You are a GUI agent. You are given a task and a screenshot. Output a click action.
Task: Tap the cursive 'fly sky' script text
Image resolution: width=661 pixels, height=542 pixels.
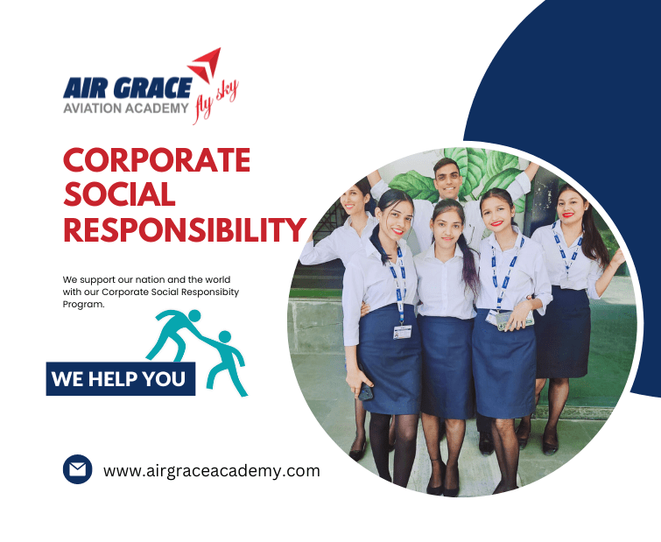coord(215,96)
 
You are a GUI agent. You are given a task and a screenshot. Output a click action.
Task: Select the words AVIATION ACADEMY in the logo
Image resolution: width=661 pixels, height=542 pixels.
coord(125,108)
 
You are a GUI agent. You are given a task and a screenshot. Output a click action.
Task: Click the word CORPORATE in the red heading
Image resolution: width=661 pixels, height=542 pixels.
coord(157,160)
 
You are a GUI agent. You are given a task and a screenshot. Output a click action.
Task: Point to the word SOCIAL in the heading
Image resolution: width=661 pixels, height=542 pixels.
coord(119,194)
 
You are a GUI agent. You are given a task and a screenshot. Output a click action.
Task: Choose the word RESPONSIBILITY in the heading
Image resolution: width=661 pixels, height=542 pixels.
coord(184,229)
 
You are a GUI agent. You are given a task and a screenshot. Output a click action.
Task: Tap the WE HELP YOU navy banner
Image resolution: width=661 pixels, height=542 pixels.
coord(120,379)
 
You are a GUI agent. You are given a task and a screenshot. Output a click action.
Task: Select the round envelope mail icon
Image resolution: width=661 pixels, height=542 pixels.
coord(77,469)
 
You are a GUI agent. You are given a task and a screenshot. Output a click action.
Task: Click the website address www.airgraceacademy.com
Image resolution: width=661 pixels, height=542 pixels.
coord(211,470)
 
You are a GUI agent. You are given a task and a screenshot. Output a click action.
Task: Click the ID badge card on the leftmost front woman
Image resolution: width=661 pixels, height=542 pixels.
coord(402,332)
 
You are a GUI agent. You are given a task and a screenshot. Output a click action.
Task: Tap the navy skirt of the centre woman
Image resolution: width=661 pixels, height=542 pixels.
coord(447,364)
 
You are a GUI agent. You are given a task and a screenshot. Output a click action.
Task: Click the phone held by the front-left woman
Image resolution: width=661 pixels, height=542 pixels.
coord(365,391)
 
